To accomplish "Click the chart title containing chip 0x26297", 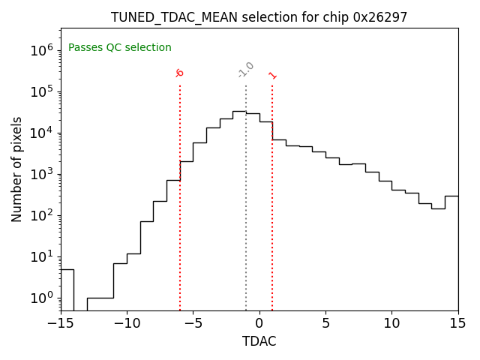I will click(259, 17).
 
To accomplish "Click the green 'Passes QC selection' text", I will click(120, 48).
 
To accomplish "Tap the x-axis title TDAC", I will click(259, 341).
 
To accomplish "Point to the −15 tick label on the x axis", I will click(61, 323).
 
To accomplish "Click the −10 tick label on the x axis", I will click(127, 323).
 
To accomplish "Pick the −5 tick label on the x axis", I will click(193, 323).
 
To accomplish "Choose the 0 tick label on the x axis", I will click(259, 323).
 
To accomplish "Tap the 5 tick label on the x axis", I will click(325, 323).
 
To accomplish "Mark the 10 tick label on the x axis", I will click(391, 323).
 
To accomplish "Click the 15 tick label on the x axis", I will click(457, 323).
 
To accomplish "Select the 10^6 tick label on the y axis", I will click(40, 50).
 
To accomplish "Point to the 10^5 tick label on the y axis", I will click(40, 91).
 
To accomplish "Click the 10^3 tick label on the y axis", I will click(40, 174).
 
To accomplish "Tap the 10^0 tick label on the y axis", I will click(40, 298).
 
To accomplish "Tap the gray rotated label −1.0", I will click(246, 70).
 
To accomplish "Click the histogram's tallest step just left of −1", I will click(239, 111).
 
